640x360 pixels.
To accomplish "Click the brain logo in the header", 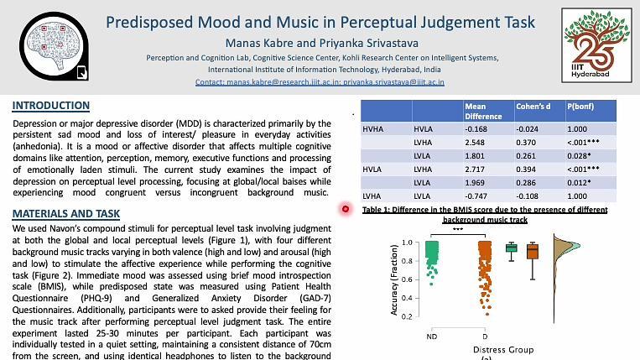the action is click(x=54, y=46).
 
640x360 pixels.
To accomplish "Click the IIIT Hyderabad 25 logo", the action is click(x=596, y=45).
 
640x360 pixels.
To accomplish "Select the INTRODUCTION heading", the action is click(x=51, y=106).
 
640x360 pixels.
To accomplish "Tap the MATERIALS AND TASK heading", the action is click(x=66, y=214).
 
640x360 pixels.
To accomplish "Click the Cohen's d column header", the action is click(x=533, y=107).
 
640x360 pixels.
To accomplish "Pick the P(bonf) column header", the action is click(x=580, y=107).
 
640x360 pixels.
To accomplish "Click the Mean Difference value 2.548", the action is click(x=475, y=143).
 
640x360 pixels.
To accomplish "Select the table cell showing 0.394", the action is click(x=527, y=170).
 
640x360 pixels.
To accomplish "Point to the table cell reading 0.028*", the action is click(x=579, y=156).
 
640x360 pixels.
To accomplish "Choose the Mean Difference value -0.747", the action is click(x=476, y=196).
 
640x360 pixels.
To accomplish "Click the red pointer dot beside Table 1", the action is click(x=346, y=209).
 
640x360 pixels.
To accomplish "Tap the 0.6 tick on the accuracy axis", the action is click(x=407, y=279).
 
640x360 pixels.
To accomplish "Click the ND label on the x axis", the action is click(x=432, y=337).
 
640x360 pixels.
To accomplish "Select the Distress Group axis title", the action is click(x=503, y=350).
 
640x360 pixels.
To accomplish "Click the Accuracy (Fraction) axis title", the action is click(x=394, y=280).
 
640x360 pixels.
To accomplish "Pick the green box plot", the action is click(x=512, y=248).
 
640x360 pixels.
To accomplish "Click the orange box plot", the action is click(x=533, y=252).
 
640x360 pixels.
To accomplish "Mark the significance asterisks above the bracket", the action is click(x=458, y=229).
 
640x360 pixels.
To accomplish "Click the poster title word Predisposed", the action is click(x=149, y=23).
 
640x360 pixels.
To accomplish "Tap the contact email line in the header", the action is click(x=320, y=82).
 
